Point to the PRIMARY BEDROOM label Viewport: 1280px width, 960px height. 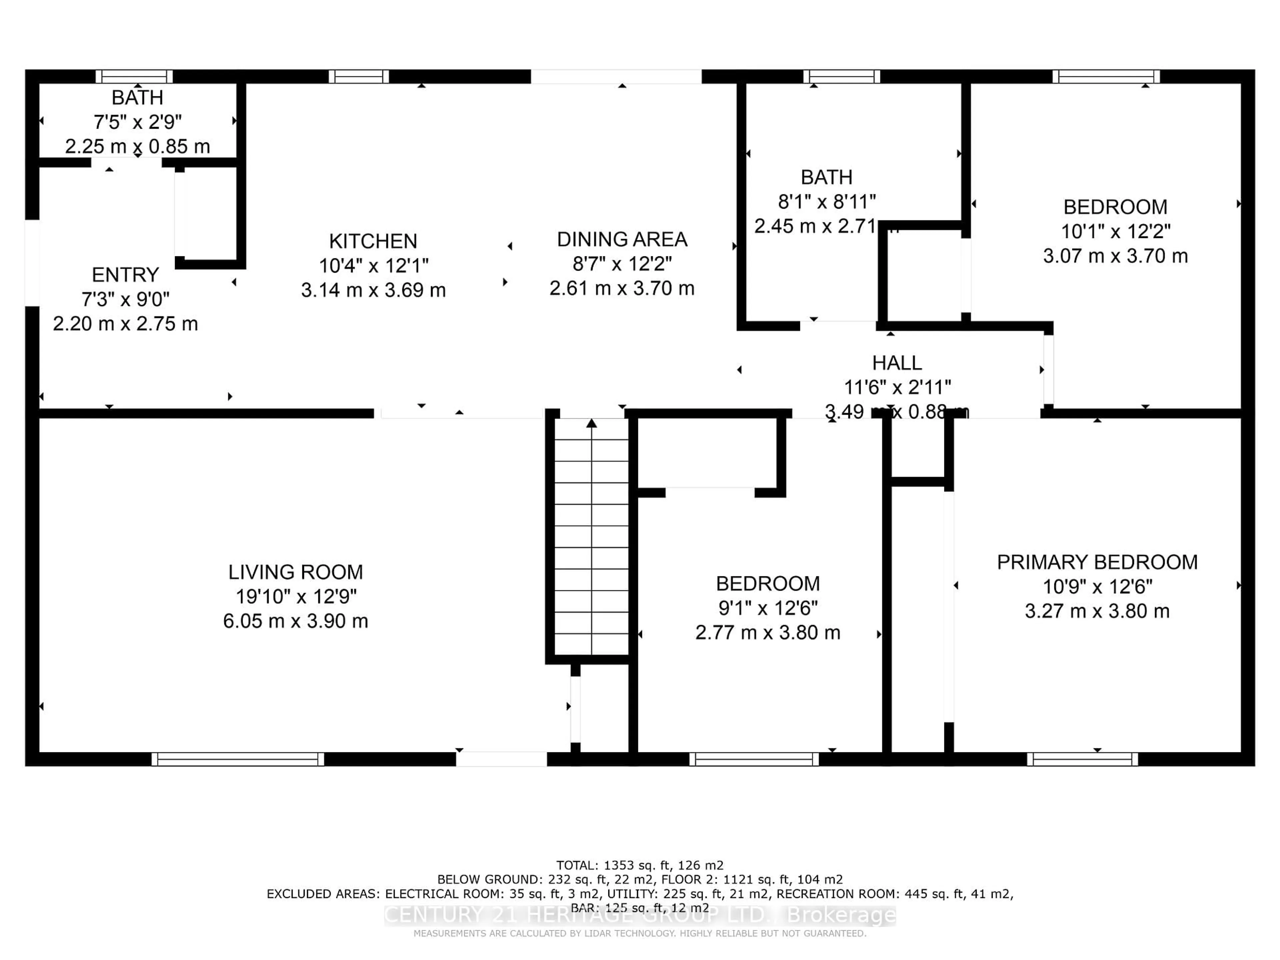(x=1097, y=562)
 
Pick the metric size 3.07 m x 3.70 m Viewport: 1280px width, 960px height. (x=1115, y=256)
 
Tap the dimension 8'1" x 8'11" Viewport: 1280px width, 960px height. (x=826, y=201)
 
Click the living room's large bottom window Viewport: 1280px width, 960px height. (x=237, y=759)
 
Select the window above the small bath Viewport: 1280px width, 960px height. (x=134, y=76)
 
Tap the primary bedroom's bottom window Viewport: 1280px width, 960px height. (x=1082, y=759)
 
